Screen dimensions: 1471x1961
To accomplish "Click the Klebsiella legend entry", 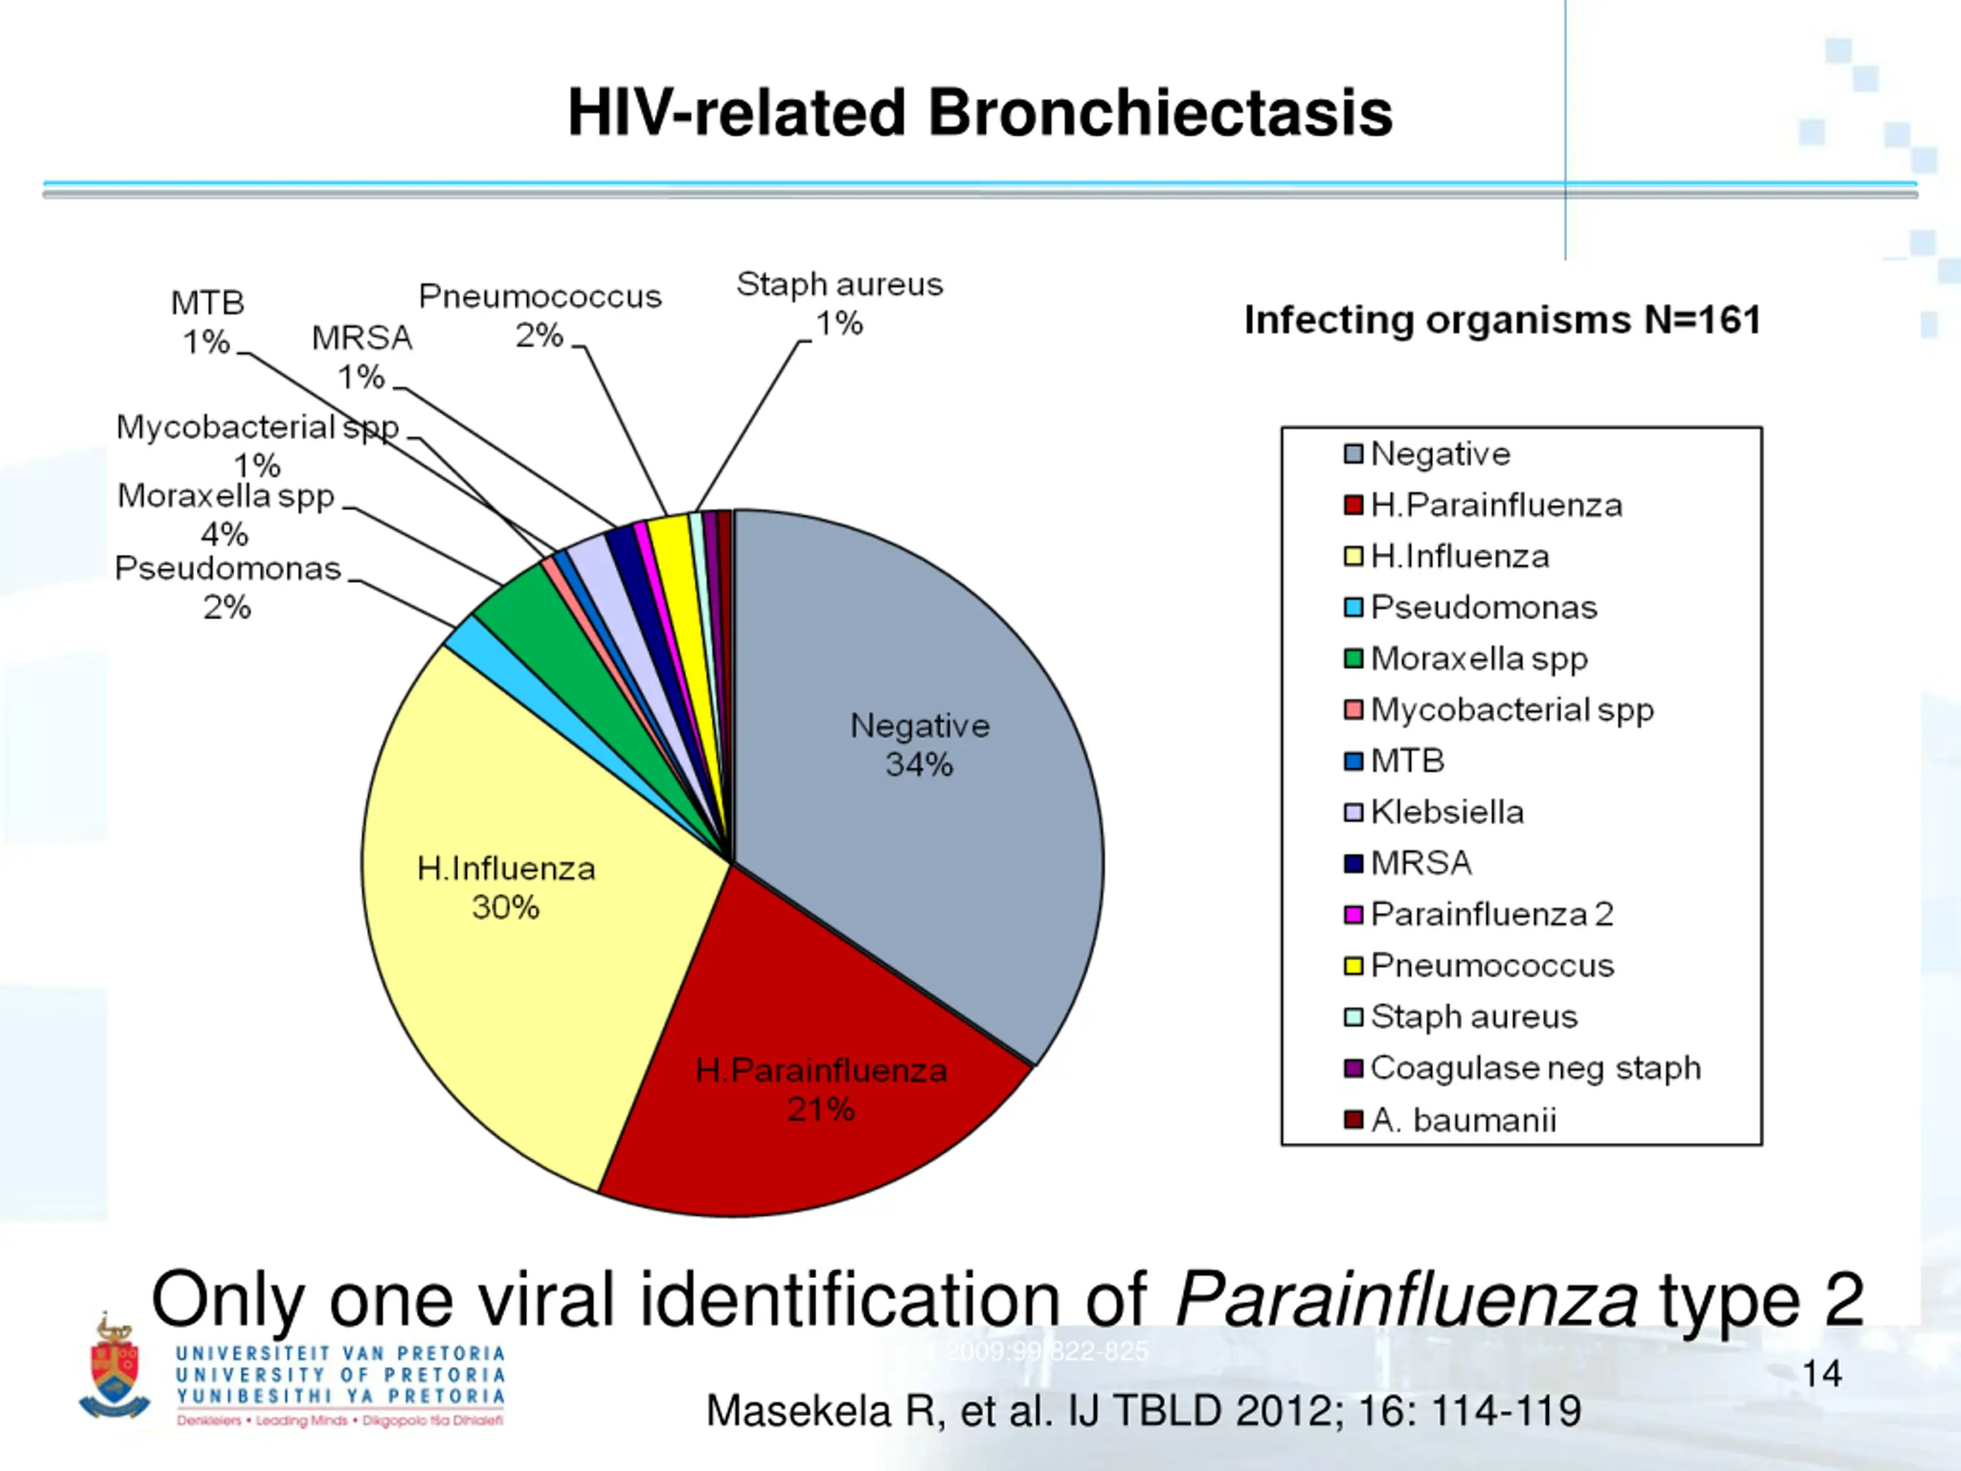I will click(x=1447, y=812).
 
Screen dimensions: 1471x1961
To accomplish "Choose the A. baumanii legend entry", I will click(x=1463, y=1121).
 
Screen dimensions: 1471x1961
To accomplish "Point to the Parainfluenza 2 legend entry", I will click(x=1491, y=914).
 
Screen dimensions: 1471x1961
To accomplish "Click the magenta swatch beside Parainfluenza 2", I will click(x=1353, y=914).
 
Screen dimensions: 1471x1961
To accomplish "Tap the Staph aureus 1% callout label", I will click(x=840, y=304).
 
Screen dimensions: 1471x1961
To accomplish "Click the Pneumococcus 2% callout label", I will click(x=540, y=316).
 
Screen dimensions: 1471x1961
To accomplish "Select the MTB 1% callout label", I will click(x=208, y=322).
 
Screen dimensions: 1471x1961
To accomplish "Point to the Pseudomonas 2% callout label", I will click(x=228, y=588).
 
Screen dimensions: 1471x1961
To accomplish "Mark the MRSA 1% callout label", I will click(x=362, y=357).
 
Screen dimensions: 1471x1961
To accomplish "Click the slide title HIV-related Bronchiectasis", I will click(x=980, y=113).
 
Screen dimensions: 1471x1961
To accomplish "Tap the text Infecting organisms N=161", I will click(x=1502, y=320).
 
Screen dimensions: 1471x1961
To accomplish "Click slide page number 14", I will click(x=1822, y=1374).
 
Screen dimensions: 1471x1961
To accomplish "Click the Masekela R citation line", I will click(x=1143, y=1410).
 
